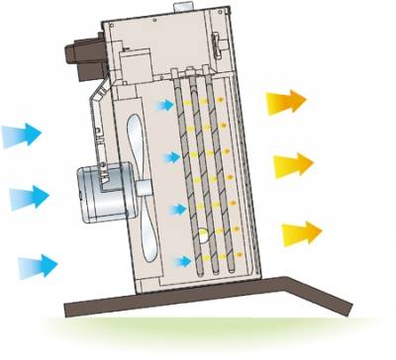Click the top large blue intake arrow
click(x=22, y=132)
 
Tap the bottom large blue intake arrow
click(x=38, y=264)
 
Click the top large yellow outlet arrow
click(x=285, y=100)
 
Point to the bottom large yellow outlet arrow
click(x=302, y=234)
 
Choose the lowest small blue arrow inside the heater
click(x=182, y=261)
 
